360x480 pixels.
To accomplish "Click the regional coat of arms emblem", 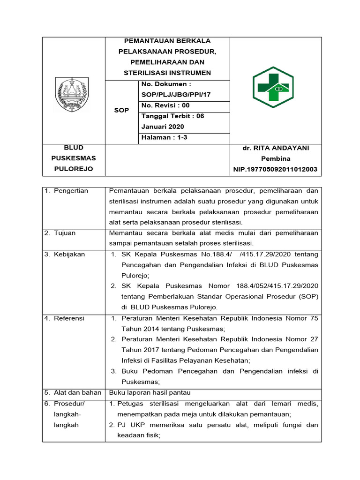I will coord(72,94).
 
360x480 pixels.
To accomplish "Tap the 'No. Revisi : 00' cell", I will coord(166,105).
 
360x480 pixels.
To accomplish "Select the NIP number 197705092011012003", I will coord(276,169).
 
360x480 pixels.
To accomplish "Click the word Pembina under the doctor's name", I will coord(276,159).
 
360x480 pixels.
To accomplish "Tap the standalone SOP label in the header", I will coord(121,110).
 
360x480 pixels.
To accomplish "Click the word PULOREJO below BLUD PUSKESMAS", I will coord(74,169).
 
